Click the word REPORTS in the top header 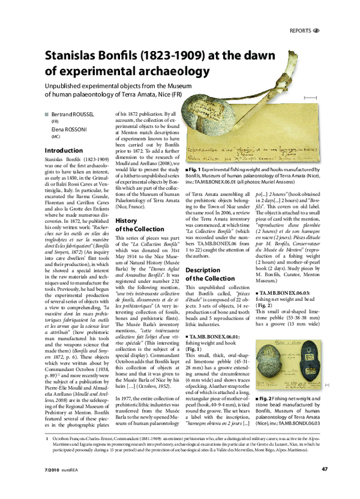tap(300, 30)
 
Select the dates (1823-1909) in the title tap(175, 56)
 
